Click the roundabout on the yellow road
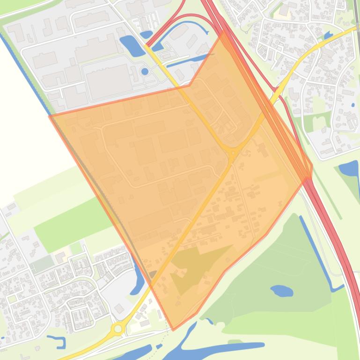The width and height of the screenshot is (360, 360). [118, 329]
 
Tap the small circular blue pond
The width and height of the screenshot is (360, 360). [145, 72]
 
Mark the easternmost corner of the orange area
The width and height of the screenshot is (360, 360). [312, 166]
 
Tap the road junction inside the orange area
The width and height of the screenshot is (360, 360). [233, 153]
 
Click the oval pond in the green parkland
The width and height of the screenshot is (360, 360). [281, 291]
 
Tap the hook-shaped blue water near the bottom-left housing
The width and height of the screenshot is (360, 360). [59, 341]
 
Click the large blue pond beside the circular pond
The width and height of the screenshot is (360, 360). [132, 46]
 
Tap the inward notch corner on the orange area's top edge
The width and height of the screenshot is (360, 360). [190, 86]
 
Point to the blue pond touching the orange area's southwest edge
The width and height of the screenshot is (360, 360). [139, 281]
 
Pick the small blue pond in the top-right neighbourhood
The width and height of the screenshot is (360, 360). [328, 35]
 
